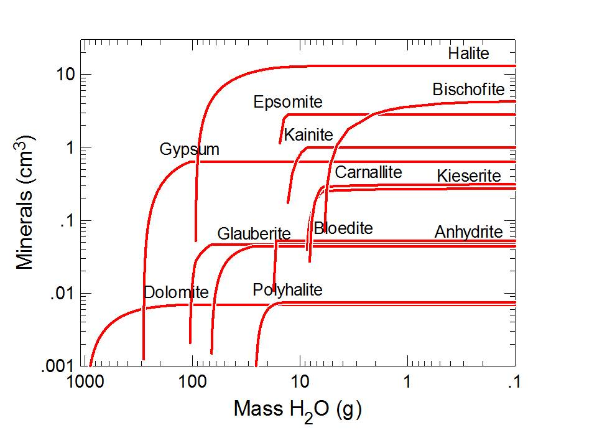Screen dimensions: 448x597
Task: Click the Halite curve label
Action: (469, 54)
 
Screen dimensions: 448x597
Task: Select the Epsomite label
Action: (288, 102)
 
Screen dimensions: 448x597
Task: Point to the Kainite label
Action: (308, 134)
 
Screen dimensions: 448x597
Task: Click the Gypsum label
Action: (190, 149)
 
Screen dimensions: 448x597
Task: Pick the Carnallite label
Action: (369, 172)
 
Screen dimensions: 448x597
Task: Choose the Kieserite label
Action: (469, 176)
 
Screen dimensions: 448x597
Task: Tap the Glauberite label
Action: (254, 234)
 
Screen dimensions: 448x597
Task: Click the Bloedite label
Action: (343, 228)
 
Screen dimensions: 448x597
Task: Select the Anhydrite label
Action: (468, 232)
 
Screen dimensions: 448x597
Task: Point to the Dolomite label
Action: (176, 292)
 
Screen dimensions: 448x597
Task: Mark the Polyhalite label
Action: (287, 290)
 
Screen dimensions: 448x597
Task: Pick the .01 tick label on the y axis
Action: (63, 294)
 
